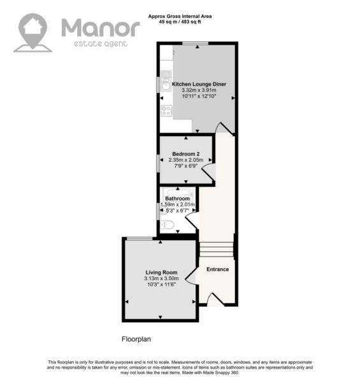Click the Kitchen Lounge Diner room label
[199, 84]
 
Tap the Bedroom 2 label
[185, 154]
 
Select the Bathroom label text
[177, 199]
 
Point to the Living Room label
[161, 272]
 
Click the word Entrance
[218, 269]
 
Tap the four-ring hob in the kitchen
[167, 110]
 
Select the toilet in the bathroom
[167, 225]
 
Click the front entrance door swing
[215, 299]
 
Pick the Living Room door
[191, 276]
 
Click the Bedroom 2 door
[208, 172]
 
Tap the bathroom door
[192, 220]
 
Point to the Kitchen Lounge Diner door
[224, 128]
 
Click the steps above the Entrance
[217, 250]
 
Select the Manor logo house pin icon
[32, 32]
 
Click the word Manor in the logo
[101, 28]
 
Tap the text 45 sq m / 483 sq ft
[180, 22]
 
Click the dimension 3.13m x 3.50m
[161, 278]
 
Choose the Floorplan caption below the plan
[136, 339]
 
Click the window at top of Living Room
[140, 239]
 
